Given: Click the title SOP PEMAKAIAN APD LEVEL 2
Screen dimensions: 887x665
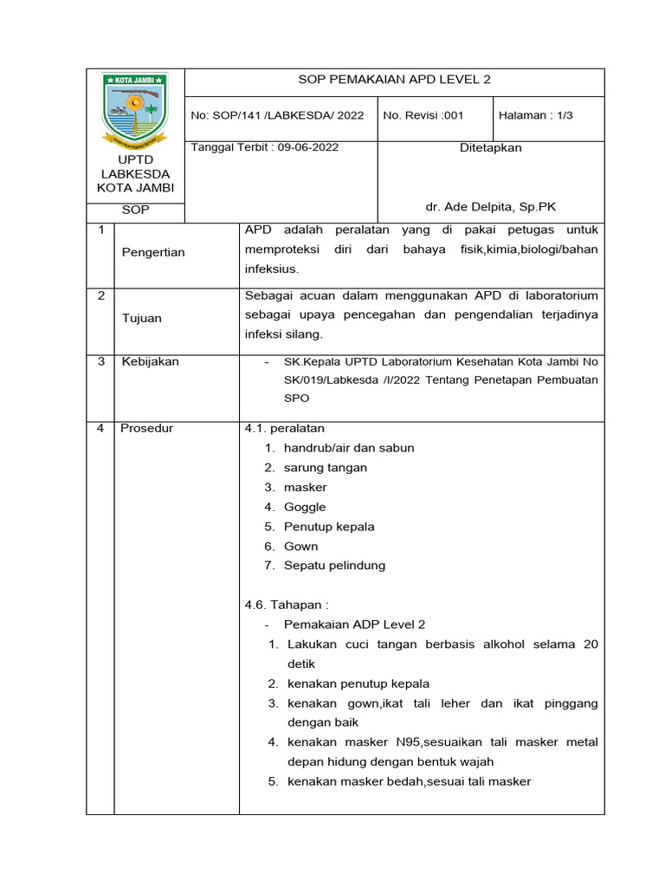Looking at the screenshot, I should click(394, 80).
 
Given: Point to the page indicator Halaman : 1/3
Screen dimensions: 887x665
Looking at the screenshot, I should click(537, 115).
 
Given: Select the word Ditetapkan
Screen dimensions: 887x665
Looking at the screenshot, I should click(490, 148).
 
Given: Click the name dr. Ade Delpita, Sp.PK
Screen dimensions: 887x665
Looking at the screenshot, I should click(490, 208).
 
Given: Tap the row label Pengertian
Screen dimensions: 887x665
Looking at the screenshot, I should click(152, 252).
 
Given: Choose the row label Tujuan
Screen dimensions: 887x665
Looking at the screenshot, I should click(141, 318).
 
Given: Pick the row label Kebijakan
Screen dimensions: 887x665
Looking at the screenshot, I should click(150, 361).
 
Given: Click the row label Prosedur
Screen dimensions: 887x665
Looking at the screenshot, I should click(146, 429).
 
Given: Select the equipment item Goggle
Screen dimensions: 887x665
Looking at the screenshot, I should click(305, 507).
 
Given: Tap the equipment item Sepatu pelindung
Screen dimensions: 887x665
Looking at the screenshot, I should click(334, 566).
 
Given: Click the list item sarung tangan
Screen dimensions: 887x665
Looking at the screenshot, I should click(325, 468).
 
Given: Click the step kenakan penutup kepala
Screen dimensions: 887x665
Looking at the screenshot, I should click(358, 683).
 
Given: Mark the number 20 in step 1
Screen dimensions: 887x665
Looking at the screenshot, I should click(590, 644).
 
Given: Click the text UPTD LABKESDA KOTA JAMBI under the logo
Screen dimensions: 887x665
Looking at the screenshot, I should click(135, 173).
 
